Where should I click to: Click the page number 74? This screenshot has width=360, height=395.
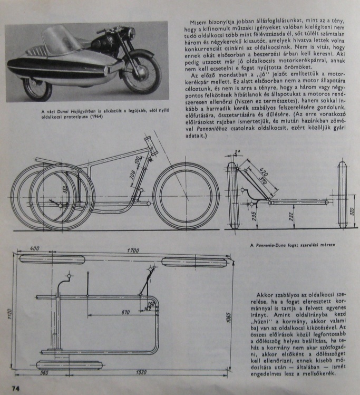click(x=11, y=389)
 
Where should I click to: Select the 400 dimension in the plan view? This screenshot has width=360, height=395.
click(x=35, y=248)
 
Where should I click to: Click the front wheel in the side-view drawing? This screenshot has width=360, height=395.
click(x=186, y=197)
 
